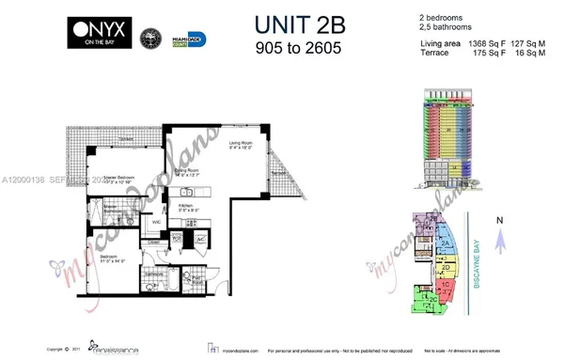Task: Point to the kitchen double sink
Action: pos(186,192)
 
